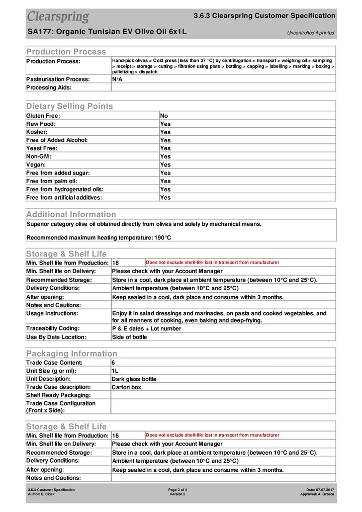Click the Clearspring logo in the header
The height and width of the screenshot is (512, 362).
tap(58, 17)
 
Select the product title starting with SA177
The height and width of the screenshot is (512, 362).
tap(107, 32)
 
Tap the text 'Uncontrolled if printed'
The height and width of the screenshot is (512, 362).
tap(310, 33)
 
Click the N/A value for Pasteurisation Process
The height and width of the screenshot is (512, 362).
tap(117, 79)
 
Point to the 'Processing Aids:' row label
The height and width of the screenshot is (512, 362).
tap(49, 88)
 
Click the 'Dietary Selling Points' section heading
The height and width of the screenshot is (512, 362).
tap(69, 106)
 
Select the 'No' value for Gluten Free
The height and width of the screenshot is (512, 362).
tap(164, 116)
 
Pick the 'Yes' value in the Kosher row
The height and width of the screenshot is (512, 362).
tap(165, 132)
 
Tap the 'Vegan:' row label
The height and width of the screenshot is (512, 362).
tap(36, 164)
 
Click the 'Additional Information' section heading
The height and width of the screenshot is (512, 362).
tap(71, 214)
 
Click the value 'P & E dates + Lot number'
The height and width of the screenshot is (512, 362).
tap(147, 328)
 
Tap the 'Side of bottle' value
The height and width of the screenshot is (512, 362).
tap(130, 337)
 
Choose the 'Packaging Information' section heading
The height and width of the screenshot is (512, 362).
tap(71, 354)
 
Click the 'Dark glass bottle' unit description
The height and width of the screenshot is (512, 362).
tap(134, 379)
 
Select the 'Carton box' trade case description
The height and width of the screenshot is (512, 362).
tap(127, 387)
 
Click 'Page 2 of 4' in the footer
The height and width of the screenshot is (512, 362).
tap(177, 489)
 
